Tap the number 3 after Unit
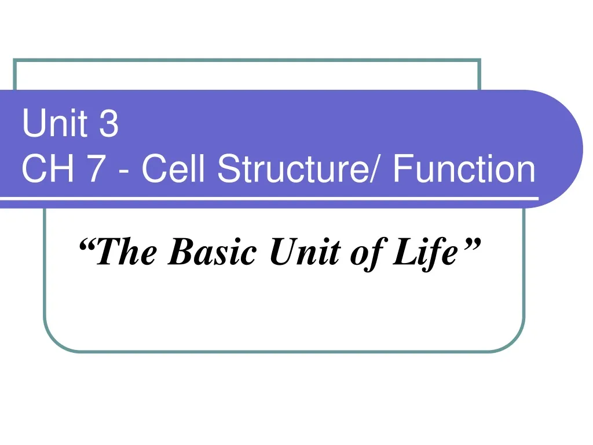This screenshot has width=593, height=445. click(108, 124)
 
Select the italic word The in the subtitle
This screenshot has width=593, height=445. click(125, 253)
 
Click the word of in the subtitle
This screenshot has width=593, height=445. click(363, 253)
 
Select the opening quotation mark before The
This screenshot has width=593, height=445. click(86, 246)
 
